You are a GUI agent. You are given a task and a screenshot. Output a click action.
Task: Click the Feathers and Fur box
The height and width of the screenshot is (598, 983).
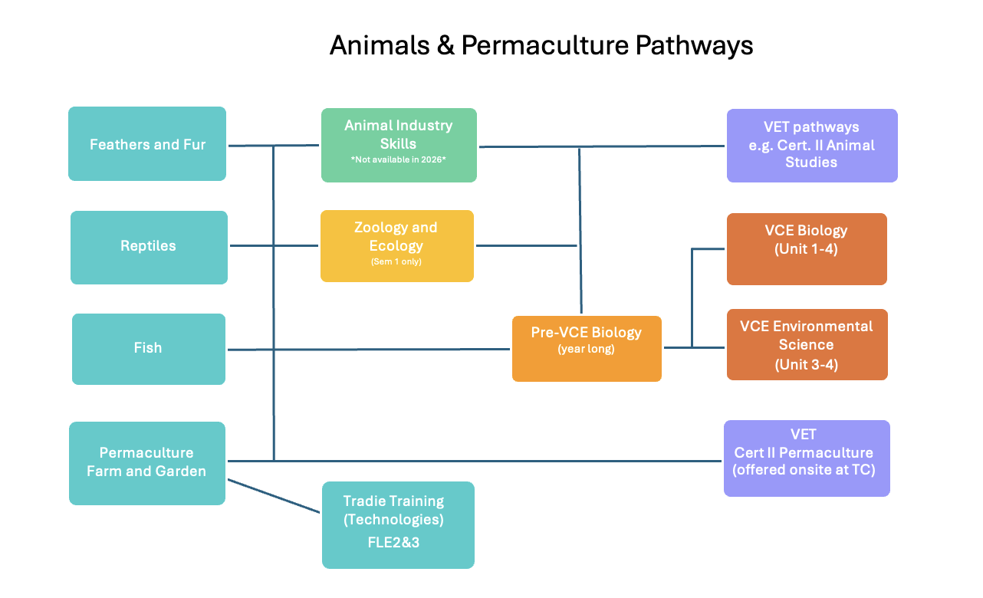click(147, 144)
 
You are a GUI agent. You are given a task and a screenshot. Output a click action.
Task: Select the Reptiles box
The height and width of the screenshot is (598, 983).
click(149, 247)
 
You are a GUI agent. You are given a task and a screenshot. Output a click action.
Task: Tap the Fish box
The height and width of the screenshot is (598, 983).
click(149, 349)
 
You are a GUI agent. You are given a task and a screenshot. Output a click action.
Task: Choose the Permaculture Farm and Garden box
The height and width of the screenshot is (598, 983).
click(147, 462)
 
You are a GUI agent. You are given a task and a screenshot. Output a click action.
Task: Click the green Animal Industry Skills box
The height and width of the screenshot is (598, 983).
click(399, 138)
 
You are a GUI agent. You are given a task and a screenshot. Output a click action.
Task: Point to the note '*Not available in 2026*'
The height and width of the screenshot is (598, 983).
click(398, 160)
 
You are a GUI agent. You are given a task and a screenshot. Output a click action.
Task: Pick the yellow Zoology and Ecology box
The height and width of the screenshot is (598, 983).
click(396, 242)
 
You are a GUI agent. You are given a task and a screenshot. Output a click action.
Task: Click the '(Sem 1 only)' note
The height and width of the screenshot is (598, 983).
click(396, 262)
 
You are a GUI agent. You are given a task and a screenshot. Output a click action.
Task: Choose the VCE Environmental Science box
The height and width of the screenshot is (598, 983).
click(807, 345)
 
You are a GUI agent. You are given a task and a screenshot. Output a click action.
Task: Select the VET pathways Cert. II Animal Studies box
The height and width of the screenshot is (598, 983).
click(812, 146)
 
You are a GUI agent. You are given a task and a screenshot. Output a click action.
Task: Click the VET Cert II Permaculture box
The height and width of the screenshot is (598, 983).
click(807, 458)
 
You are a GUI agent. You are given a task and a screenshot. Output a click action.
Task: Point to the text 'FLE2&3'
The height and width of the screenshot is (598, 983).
click(393, 543)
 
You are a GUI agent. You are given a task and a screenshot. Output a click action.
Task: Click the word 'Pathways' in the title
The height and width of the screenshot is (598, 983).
click(694, 46)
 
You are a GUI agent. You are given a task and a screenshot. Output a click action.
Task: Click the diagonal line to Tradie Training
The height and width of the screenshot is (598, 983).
click(274, 496)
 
